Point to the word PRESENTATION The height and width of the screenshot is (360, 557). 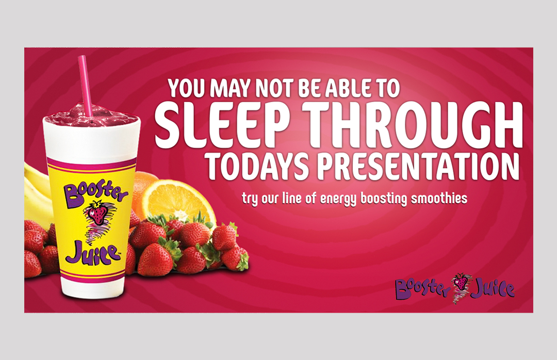[418, 166]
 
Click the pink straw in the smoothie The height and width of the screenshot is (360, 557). [86, 85]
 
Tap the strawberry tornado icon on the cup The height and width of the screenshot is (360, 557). [97, 219]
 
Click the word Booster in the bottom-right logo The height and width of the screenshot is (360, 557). [423, 287]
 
